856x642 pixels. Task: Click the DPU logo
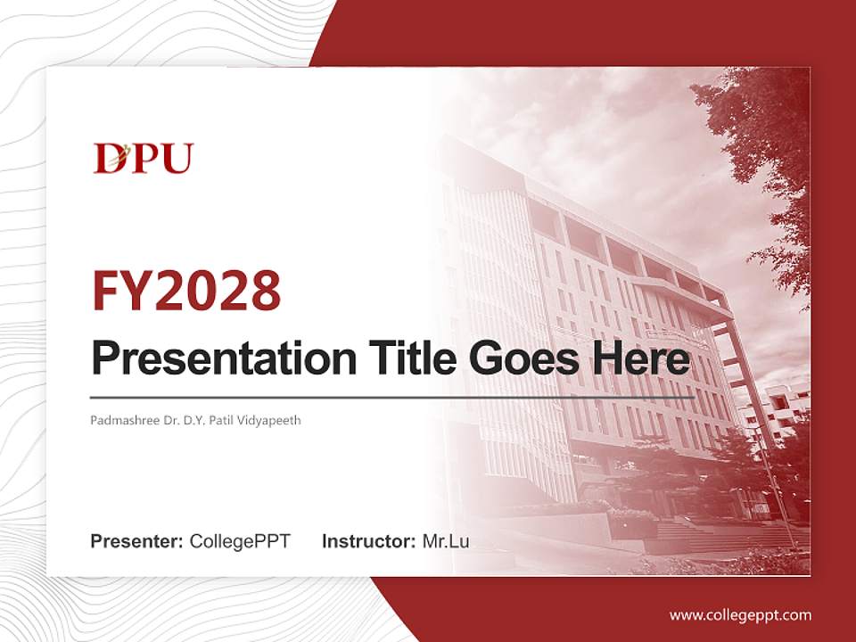pos(144,158)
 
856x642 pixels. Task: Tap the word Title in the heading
pos(407,359)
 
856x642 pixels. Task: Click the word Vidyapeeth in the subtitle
pos(269,419)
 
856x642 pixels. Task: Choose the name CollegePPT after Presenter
pos(240,541)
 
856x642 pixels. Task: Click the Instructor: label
pos(368,541)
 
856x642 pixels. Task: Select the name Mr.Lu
pos(446,541)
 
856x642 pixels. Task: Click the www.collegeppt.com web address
pos(740,614)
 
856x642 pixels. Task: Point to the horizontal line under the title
pos(392,398)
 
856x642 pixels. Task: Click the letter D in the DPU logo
pos(108,159)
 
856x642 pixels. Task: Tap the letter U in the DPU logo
pos(177,159)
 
